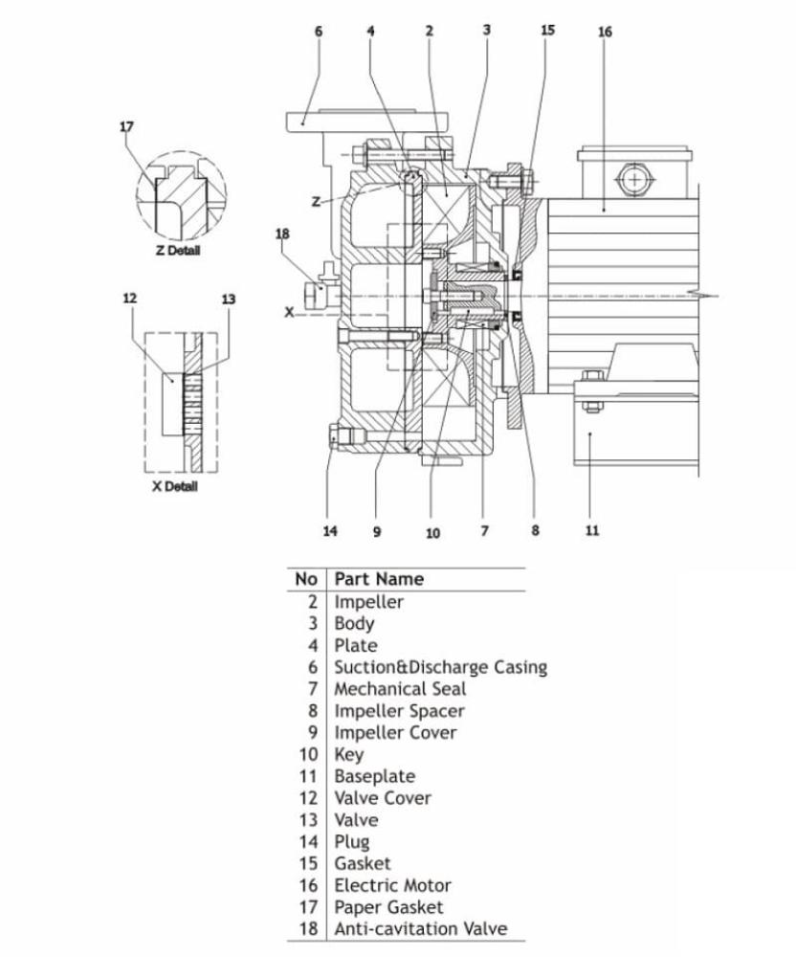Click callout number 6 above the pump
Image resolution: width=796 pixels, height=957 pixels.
[319, 32]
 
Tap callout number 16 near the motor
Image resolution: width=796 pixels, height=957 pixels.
[605, 33]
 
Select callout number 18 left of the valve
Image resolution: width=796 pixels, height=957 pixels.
[282, 234]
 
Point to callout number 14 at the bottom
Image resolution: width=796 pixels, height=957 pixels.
[330, 531]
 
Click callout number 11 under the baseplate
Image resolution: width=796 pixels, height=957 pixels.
[592, 531]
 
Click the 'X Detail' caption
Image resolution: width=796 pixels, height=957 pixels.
[174, 487]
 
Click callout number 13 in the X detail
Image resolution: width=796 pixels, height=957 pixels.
[228, 300]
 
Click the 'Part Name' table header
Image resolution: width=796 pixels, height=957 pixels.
[379, 579]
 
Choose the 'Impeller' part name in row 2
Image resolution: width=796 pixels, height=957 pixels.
[368, 602]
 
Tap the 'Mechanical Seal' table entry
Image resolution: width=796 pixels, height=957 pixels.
[400, 688]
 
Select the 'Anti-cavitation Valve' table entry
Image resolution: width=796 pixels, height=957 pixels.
[421, 928]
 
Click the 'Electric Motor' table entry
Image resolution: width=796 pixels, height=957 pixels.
[392, 885]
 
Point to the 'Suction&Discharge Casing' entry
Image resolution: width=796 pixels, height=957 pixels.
[440, 667]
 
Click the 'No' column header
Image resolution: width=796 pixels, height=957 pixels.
[306, 579]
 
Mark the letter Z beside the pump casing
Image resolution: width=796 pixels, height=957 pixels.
[316, 201]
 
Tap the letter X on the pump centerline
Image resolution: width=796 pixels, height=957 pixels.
[289, 311]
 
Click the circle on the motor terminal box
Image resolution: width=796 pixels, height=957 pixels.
[632, 179]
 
